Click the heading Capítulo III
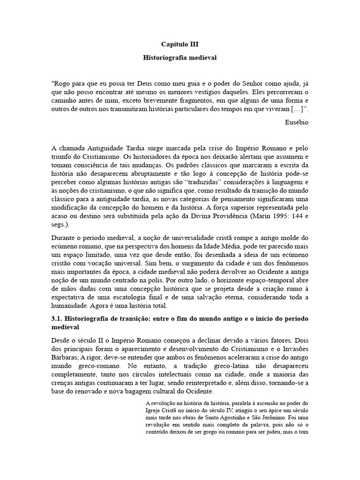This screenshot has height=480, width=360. [180, 45]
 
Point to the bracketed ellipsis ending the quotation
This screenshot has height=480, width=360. [295, 109]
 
